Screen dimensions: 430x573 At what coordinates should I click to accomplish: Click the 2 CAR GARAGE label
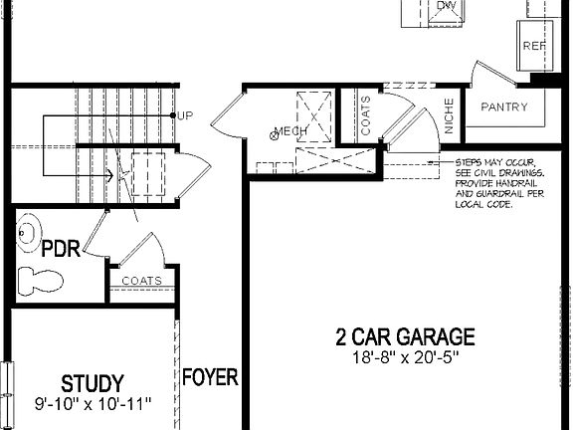(405, 337)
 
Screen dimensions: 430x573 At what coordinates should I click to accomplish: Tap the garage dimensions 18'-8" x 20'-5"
(405, 356)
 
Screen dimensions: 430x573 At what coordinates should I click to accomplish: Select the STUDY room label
(92, 383)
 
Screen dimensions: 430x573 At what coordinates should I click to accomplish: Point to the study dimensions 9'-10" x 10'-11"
(92, 404)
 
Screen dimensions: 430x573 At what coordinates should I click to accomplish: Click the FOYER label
(210, 377)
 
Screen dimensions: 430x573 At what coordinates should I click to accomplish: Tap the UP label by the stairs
(186, 116)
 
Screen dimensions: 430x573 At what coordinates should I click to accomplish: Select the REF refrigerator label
(535, 46)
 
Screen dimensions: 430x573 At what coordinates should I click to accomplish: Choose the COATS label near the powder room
(142, 281)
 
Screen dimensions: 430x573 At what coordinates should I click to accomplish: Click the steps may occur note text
(494, 182)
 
